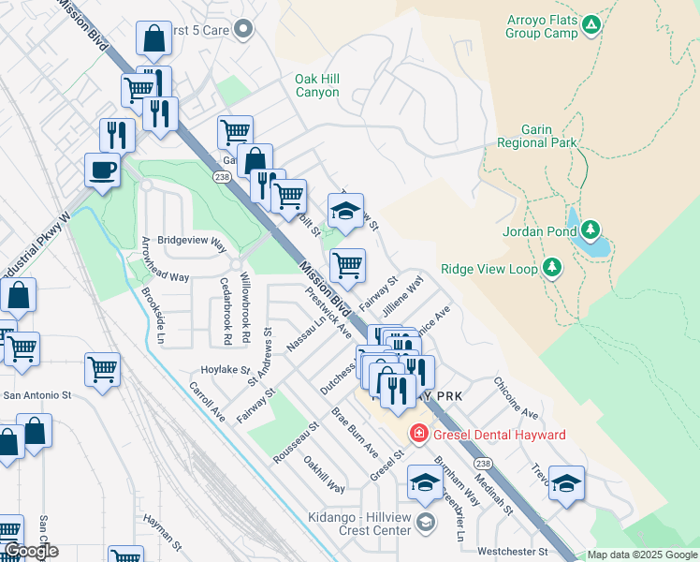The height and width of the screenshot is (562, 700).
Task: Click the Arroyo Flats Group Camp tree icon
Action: click(x=591, y=25)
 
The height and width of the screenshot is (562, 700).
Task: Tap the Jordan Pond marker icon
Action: click(x=591, y=229)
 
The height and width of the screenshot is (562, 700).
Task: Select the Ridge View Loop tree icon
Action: click(x=552, y=269)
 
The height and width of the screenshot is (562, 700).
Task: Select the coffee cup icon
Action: click(x=102, y=170)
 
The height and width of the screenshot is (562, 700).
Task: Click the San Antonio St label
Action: click(x=37, y=395)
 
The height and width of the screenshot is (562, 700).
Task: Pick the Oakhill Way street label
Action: click(x=324, y=474)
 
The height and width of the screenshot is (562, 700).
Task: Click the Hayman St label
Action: click(x=162, y=529)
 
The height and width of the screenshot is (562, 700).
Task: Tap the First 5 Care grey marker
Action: click(x=244, y=29)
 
